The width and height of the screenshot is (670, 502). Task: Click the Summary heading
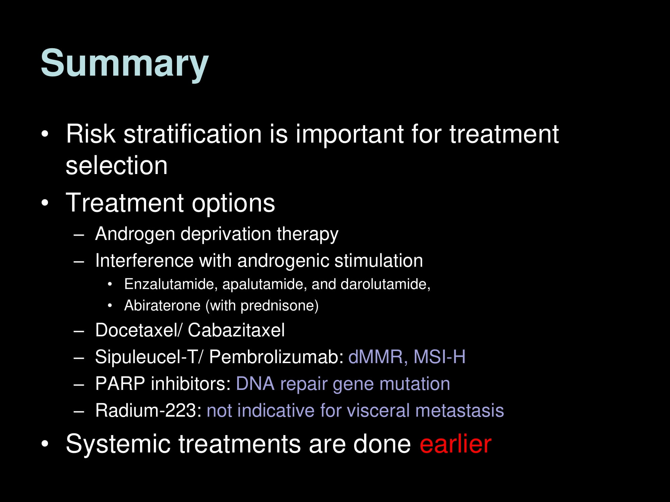[x=125, y=64]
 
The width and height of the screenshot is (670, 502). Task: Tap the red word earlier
[x=455, y=444]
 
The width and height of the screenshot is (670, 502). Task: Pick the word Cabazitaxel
[x=236, y=330]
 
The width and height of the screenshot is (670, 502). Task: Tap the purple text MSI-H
[x=440, y=357]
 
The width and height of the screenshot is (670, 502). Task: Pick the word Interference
[x=144, y=260]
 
